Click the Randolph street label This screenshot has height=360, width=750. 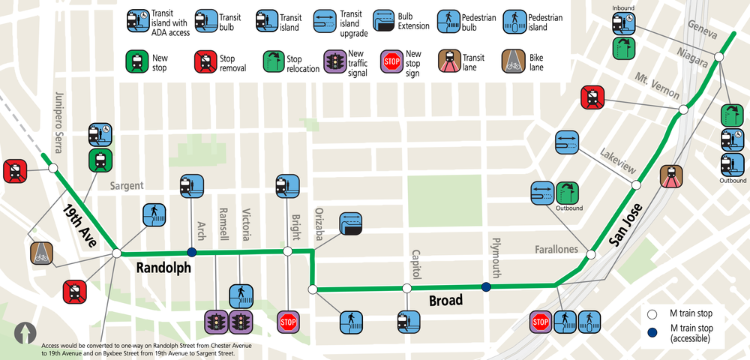163,268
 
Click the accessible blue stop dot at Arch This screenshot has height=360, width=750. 191,252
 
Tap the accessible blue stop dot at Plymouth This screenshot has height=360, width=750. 486,286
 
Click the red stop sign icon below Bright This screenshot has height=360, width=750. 288,322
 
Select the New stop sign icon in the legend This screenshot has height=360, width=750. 391,61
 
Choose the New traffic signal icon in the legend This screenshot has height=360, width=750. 334,61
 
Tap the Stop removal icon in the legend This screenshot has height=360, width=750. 205,61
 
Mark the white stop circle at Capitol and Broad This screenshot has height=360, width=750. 406,288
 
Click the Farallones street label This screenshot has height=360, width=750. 556,249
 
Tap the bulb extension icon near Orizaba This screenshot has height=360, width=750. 350,224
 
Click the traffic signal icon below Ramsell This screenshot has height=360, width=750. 216,322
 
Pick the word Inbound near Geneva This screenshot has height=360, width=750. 623,7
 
